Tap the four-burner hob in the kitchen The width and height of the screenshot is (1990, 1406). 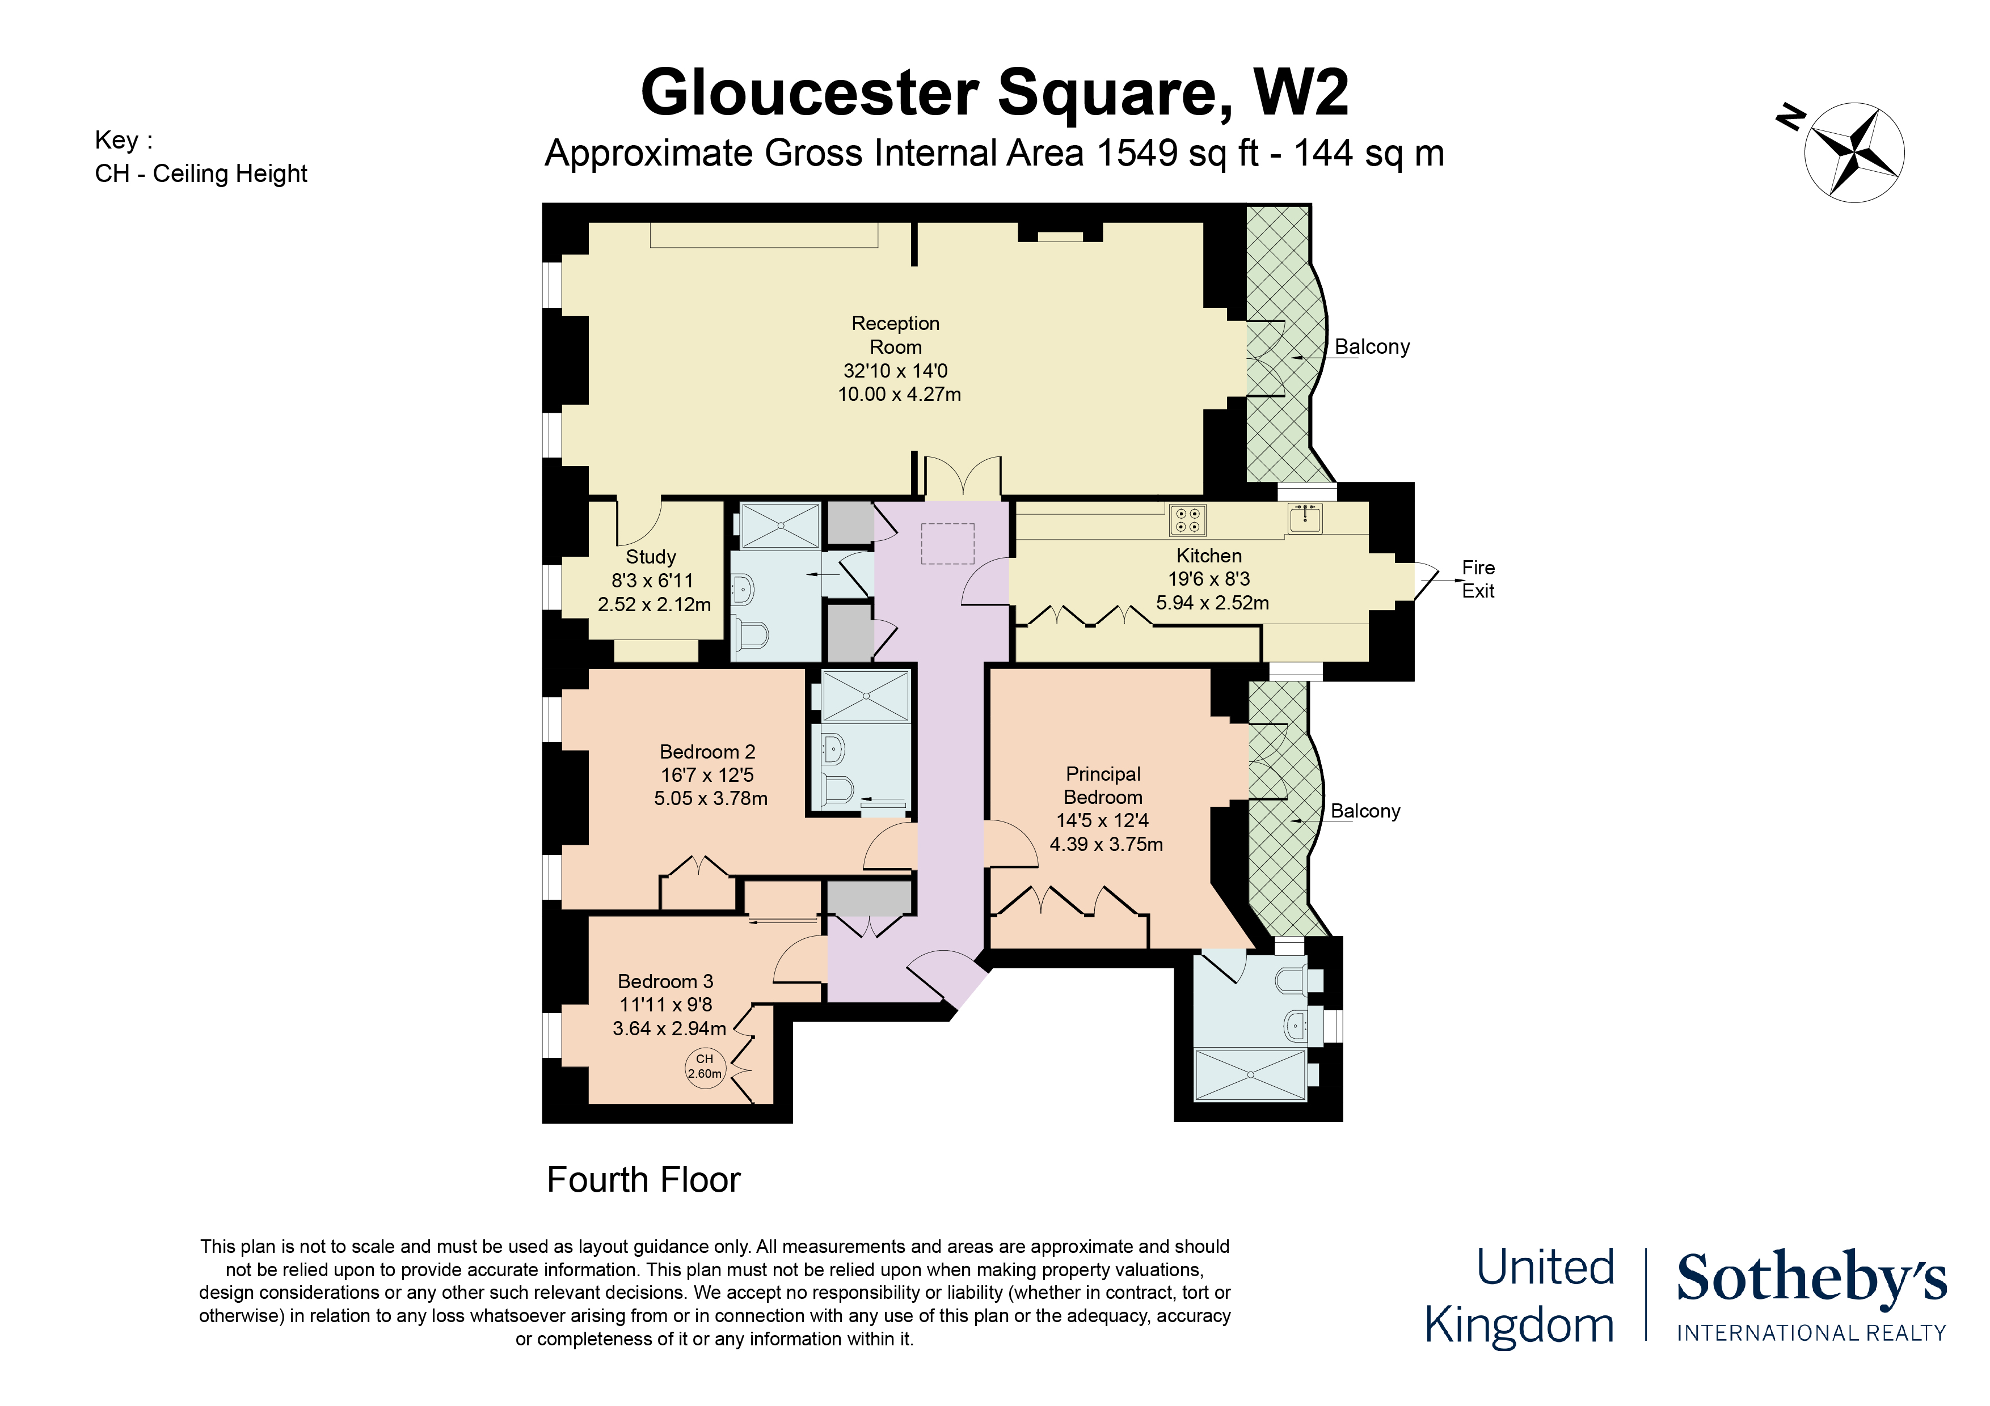point(1187,520)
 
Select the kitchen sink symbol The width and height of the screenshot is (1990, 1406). point(1304,518)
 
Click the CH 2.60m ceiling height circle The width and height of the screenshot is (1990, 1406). point(705,1066)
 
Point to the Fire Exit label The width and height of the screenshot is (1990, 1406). point(1478,579)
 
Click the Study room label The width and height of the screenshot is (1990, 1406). point(650,557)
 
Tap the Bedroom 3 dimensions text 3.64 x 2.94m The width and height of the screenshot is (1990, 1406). point(669,1028)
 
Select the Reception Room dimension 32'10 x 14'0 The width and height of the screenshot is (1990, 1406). point(895,371)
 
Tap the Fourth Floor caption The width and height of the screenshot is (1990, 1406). point(643,1180)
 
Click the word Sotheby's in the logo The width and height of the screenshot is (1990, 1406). point(1811,1278)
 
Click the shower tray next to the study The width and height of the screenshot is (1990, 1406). point(780,525)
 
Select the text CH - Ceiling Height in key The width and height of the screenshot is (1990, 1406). point(201,173)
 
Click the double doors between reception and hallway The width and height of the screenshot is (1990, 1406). point(963,478)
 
